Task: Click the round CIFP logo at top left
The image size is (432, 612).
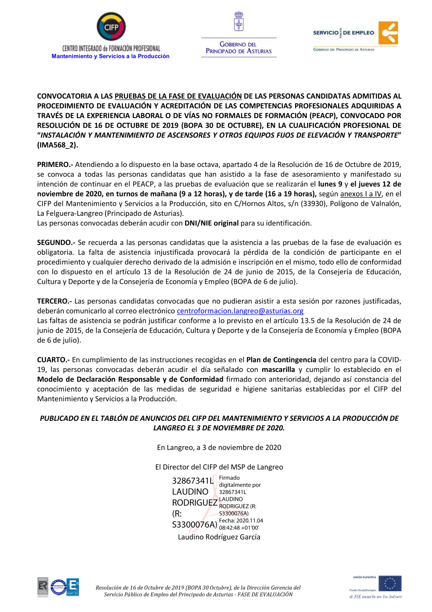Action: pyautogui.click(x=111, y=26)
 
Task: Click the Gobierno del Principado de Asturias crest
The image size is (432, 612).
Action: pyautogui.click(x=238, y=22)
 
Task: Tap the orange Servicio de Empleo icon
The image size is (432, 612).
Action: pyautogui.click(x=388, y=33)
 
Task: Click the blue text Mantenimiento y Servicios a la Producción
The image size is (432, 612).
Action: pyautogui.click(x=110, y=56)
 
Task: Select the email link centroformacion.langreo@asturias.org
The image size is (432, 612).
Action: pyautogui.click(x=240, y=311)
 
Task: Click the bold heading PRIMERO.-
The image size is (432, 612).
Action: pyautogui.click(x=55, y=165)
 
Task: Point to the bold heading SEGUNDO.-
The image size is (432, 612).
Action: pyautogui.click(x=56, y=243)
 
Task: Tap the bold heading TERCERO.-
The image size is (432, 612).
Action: pyautogui.click(x=54, y=301)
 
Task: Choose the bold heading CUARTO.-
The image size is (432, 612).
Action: pyautogui.click(x=53, y=360)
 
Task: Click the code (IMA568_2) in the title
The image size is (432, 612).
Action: pyautogui.click(x=57, y=145)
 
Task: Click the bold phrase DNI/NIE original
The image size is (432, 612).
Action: pyautogui.click(x=211, y=223)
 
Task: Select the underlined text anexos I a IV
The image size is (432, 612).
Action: pyautogui.click(x=361, y=194)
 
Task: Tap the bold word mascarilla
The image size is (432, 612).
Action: pyautogui.click(x=278, y=370)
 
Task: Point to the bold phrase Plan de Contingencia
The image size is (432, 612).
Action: pyautogui.click(x=281, y=360)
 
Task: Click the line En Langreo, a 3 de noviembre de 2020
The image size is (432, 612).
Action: pyautogui.click(x=219, y=448)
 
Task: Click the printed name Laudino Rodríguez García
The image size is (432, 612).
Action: pyautogui.click(x=219, y=537)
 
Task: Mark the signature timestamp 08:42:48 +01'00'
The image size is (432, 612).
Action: pyautogui.click(x=239, y=528)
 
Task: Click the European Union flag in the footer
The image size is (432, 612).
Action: pyautogui.click(x=390, y=584)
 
